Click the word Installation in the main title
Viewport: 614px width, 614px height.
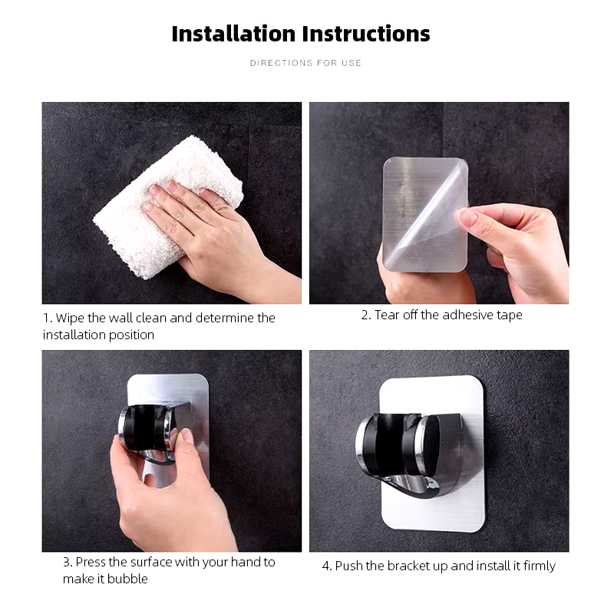[x=233, y=34]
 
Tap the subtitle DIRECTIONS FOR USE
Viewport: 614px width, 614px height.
[x=305, y=63]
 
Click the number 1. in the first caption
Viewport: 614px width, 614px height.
[x=48, y=318]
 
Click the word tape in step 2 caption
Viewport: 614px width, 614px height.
[x=510, y=315]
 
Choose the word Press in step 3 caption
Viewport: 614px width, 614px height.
[x=91, y=563]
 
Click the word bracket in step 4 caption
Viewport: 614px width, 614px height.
[x=404, y=566]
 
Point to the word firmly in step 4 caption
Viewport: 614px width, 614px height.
[x=540, y=566]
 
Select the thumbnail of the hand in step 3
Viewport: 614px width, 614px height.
[x=187, y=434]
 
